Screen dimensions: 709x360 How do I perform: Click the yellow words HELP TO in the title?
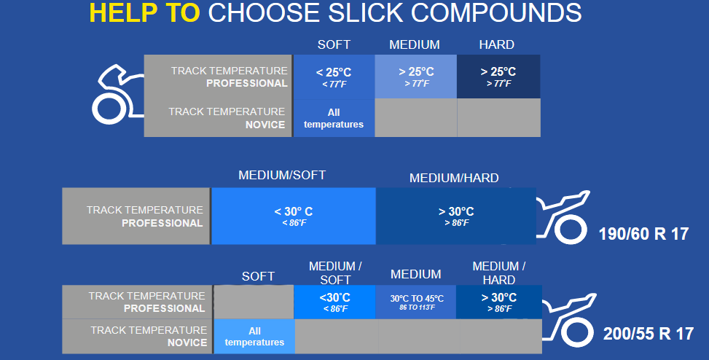tap(145, 12)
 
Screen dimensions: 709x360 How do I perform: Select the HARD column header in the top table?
tap(496, 44)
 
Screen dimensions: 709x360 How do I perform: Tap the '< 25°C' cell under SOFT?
tap(334, 77)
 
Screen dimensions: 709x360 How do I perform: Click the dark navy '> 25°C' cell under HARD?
tap(498, 77)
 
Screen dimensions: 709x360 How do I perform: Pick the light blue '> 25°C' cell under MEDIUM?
tap(416, 77)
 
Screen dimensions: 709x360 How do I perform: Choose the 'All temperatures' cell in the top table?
tap(334, 118)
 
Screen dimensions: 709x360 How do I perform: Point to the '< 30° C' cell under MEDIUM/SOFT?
tap(294, 216)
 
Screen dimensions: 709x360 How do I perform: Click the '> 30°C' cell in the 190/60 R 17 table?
tap(456, 216)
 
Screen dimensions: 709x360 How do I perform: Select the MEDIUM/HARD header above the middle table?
tap(454, 178)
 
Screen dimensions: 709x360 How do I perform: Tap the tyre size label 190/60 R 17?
tap(643, 234)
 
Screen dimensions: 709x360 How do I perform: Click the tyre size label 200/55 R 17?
tap(649, 334)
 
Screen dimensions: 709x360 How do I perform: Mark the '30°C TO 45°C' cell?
tap(416, 302)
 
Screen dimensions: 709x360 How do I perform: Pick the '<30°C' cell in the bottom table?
tap(334, 302)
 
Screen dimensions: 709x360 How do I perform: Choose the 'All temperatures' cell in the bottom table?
tap(254, 337)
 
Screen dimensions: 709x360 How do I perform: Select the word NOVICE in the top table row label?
tap(265, 125)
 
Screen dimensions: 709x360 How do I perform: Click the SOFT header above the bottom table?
tap(258, 276)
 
